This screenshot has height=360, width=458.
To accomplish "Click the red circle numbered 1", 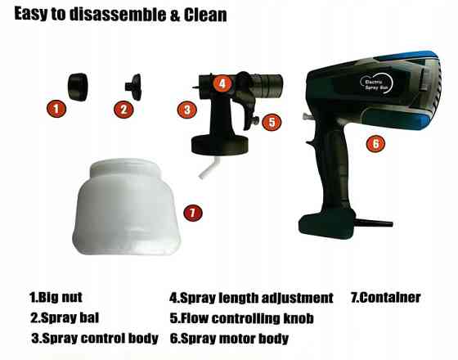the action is [x=56, y=109].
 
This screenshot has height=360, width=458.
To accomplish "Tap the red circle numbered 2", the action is [x=123, y=110].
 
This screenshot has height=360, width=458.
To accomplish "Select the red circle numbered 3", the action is [x=187, y=110].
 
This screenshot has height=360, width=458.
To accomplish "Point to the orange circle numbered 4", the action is [x=222, y=83].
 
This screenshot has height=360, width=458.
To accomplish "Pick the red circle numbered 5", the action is [x=272, y=122].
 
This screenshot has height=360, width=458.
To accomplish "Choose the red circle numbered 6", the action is [x=376, y=143].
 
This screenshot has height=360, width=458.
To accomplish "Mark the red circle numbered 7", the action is [x=193, y=212].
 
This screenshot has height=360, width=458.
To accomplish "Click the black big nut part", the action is [x=78, y=87].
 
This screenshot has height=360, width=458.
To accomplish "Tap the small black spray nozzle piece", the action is [x=134, y=87].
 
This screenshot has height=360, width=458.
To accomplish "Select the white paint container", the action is [x=126, y=207].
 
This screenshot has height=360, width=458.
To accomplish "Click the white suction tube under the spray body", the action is [x=208, y=167].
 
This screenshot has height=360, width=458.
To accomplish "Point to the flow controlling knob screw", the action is [x=255, y=120].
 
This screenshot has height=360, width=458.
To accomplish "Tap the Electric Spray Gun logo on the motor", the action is [x=376, y=83].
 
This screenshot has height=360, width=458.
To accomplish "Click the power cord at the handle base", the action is [x=373, y=223].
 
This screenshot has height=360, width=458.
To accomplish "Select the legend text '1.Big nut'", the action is [x=56, y=297].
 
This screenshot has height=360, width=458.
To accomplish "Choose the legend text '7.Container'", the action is [x=385, y=297].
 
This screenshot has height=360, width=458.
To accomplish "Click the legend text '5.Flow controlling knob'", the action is [x=242, y=318].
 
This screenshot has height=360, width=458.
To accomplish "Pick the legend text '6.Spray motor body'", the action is [x=229, y=339].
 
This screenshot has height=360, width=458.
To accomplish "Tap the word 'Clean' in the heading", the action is [x=205, y=15].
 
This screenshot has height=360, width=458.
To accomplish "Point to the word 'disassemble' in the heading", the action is [x=118, y=15].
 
